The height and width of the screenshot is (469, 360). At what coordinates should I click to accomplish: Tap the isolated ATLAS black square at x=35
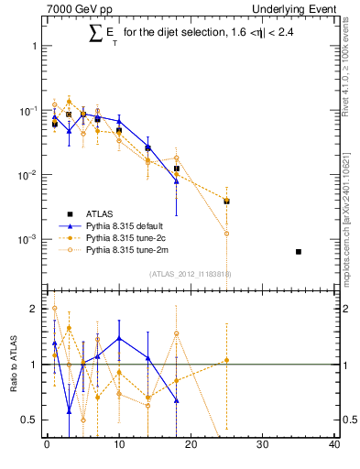pyautogui.click(x=299, y=251)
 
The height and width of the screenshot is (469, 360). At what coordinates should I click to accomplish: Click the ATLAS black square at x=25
pyautogui.click(x=226, y=201)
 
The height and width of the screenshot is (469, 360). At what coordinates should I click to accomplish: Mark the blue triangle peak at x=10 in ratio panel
pyautogui.click(x=119, y=338)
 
